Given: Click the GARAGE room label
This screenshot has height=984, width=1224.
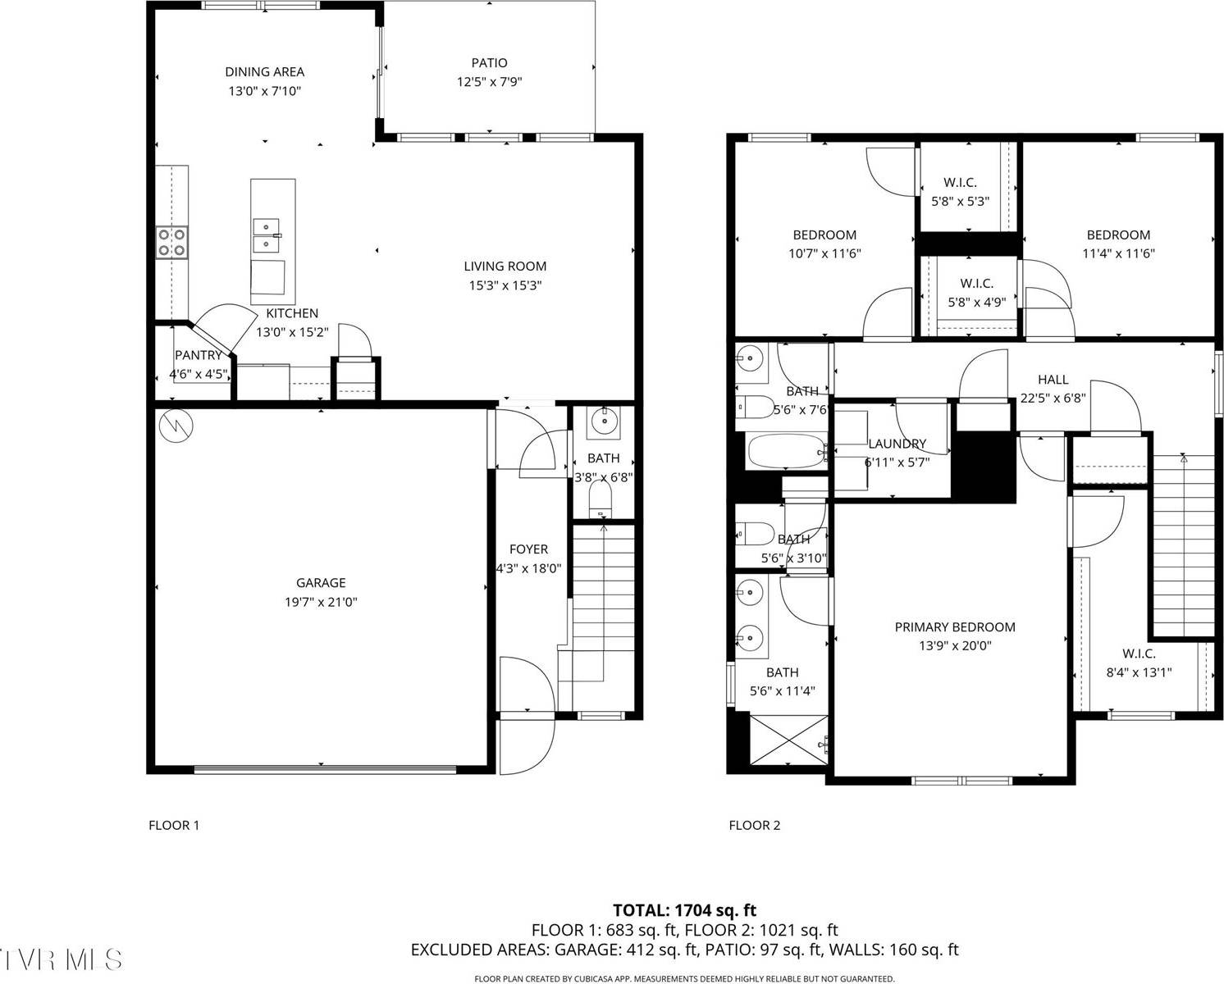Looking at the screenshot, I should (321, 583).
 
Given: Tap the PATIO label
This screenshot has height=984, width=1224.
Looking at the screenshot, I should (489, 63).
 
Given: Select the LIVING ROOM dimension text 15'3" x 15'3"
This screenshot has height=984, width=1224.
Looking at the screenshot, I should (505, 285).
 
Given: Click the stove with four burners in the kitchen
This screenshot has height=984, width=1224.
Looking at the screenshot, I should (172, 243).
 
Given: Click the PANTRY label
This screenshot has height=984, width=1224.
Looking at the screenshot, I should (198, 355).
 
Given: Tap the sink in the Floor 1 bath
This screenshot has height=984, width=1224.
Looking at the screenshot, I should (605, 422).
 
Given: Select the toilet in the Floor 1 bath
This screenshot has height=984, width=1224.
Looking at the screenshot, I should (601, 498).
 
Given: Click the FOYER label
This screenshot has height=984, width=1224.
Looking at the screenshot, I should (528, 549).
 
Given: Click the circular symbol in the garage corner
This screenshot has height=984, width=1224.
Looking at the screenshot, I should (176, 425).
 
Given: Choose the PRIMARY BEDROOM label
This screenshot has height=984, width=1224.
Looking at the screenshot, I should (954, 627).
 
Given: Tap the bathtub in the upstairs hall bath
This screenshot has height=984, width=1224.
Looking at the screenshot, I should (786, 452).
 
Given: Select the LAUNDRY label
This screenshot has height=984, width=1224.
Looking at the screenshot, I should (897, 444).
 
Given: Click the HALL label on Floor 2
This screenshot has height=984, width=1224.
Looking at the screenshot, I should (1053, 380).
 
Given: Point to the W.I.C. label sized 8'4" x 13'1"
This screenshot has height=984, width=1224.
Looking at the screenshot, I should (1139, 654).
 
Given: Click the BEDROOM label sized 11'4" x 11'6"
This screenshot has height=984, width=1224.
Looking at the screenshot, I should (1117, 235).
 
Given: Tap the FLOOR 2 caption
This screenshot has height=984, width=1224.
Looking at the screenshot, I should (754, 825).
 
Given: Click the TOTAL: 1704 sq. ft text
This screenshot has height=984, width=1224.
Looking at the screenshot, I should (684, 910).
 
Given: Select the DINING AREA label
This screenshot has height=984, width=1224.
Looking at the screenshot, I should (264, 72).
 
